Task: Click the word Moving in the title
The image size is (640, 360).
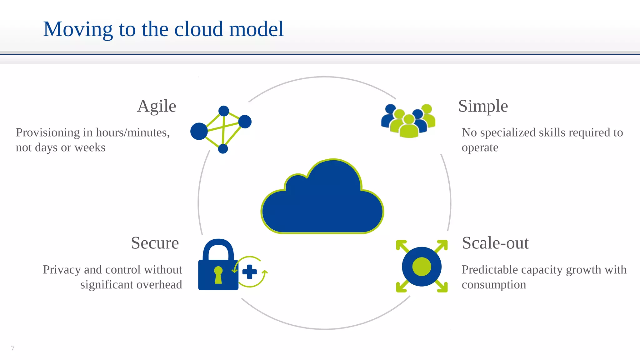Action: [x=77, y=29]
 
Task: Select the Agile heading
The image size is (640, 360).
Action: [x=157, y=106]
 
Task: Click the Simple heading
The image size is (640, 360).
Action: [x=483, y=106]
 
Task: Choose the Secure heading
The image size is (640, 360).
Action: [x=155, y=243]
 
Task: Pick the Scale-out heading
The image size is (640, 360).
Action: [x=495, y=243]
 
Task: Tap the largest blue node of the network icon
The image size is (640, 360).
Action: [x=199, y=131]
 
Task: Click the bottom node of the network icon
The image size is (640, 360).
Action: [x=223, y=149]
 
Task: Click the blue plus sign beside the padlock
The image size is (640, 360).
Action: [x=249, y=272]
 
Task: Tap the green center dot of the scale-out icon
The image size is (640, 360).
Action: [x=422, y=267]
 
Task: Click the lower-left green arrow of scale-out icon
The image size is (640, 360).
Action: [x=402, y=287]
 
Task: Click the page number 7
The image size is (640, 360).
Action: [x=13, y=348]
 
